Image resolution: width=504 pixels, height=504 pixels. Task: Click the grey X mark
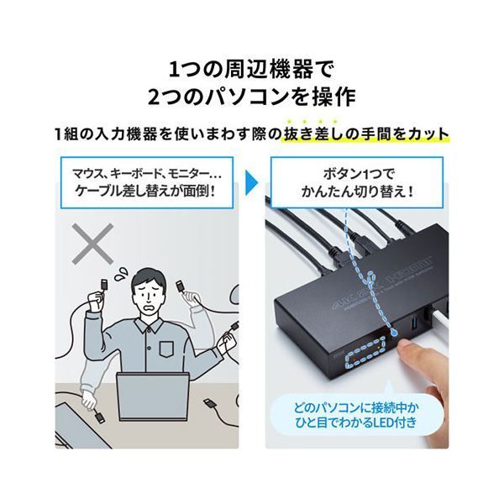[92, 244]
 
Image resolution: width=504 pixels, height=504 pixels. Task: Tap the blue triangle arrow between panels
[251, 182]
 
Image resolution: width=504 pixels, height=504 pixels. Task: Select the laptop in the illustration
[150, 396]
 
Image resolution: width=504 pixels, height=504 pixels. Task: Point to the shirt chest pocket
[166, 349]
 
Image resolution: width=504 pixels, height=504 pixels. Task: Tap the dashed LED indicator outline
[365, 353]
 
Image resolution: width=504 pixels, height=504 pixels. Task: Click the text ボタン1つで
[358, 174]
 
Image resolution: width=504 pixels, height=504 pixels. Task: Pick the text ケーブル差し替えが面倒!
[145, 192]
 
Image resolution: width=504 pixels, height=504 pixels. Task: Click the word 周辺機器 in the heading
[267, 70]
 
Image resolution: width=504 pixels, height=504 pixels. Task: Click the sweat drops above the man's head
[121, 274]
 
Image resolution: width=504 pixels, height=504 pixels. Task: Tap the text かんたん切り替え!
[358, 192]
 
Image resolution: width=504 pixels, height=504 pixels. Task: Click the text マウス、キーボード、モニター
[142, 174]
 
